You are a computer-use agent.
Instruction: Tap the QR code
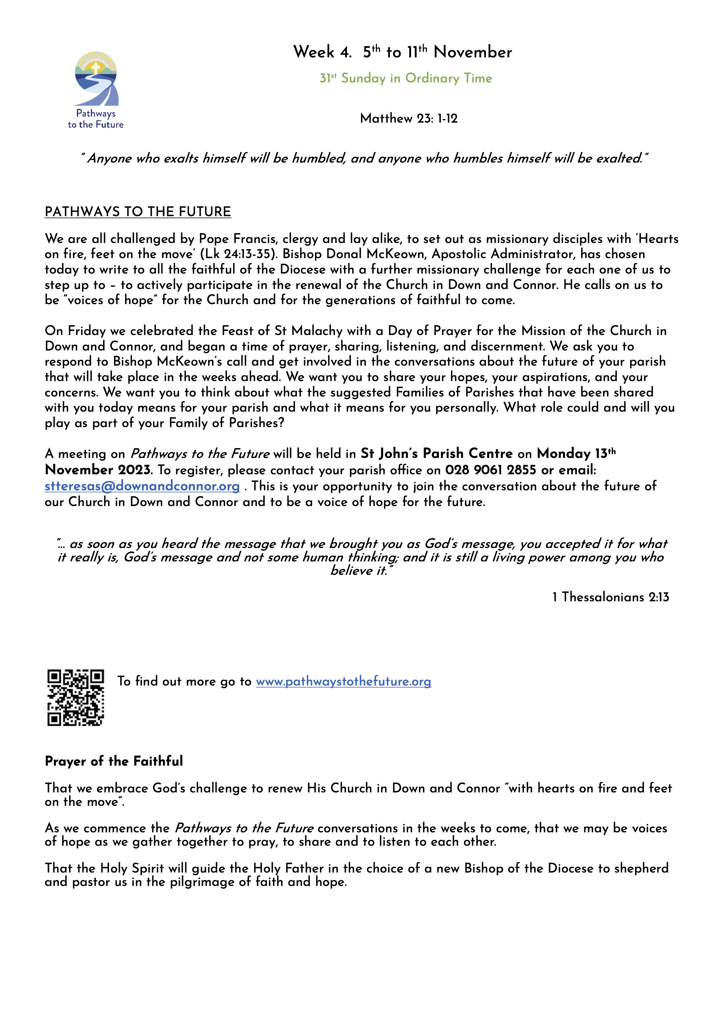(76, 697)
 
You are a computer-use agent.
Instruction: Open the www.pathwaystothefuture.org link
(343, 681)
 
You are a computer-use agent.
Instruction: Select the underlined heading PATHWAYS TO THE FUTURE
(138, 212)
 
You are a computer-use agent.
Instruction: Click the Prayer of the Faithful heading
(114, 761)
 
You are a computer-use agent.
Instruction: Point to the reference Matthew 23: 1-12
(408, 118)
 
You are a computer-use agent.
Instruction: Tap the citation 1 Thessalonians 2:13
(610, 597)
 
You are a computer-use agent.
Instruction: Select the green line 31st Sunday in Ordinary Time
(406, 78)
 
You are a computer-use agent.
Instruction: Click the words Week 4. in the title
(322, 52)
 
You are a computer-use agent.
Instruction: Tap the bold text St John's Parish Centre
(436, 454)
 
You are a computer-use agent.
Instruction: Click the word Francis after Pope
(255, 239)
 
